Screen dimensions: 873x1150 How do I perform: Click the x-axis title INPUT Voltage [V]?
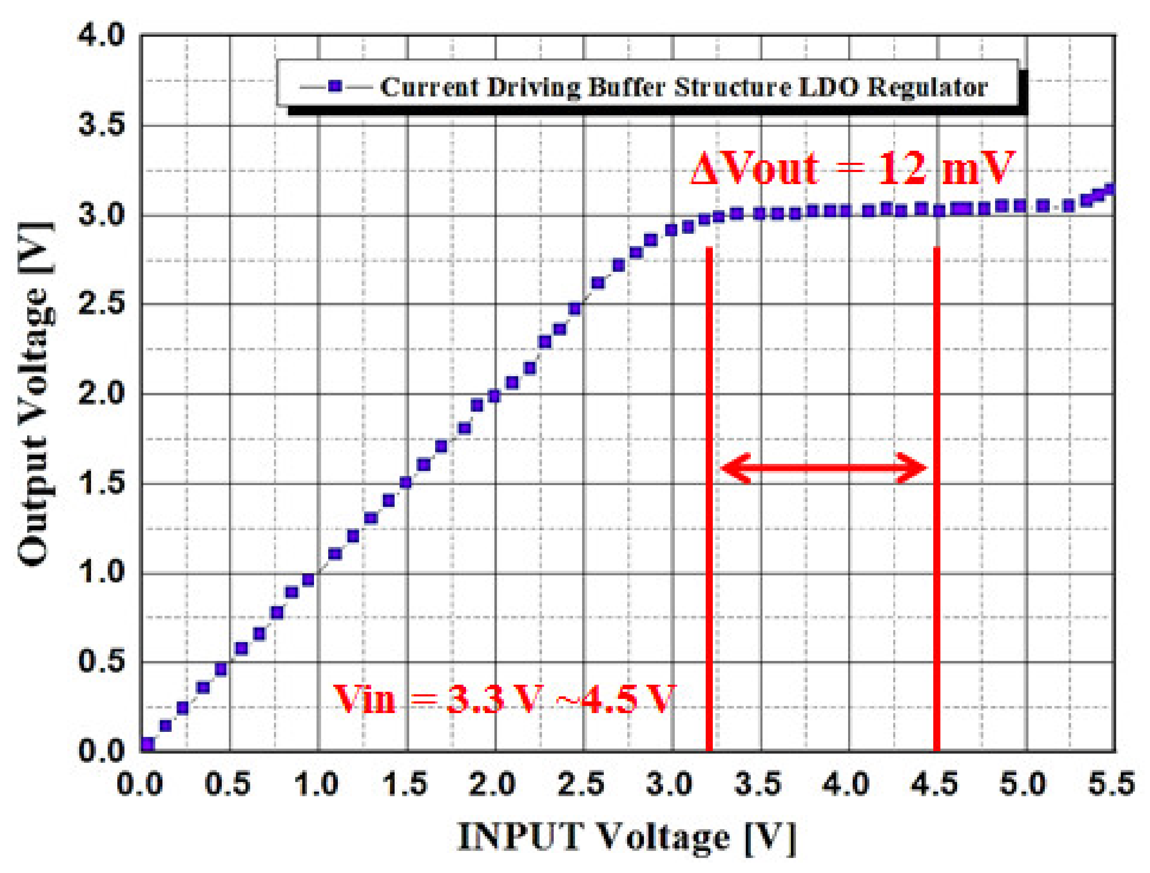pyautogui.click(x=626, y=838)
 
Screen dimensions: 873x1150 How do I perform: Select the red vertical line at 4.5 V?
pyautogui.click(x=936, y=499)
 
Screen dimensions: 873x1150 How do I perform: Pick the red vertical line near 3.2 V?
pyautogui.click(x=709, y=499)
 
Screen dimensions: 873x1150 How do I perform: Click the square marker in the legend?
pyautogui.click(x=336, y=86)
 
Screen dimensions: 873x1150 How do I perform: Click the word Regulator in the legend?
pyautogui.click(x=927, y=87)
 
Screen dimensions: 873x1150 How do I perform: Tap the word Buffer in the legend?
pyautogui.click(x=626, y=87)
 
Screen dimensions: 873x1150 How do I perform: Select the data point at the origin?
pyautogui.click(x=148, y=744)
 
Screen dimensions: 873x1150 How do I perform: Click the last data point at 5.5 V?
pyautogui.click(x=1109, y=190)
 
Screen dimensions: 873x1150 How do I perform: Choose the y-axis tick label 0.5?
pyautogui.click(x=101, y=661)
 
